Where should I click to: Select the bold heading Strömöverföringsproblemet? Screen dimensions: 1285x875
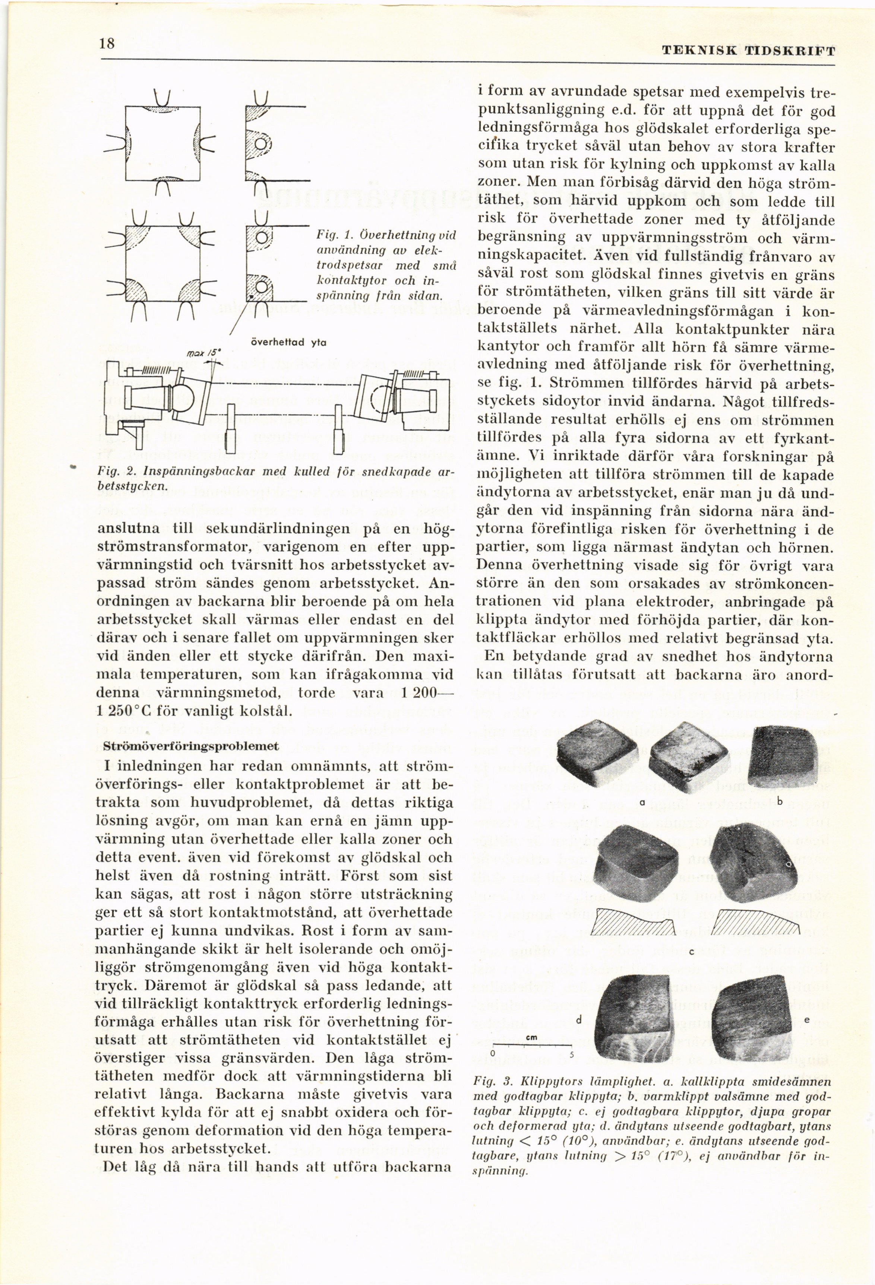point(191,746)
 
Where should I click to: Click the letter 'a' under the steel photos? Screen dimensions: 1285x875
point(642,802)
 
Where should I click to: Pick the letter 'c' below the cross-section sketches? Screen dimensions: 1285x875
point(691,952)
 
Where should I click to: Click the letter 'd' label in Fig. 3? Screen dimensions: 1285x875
point(578,1021)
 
